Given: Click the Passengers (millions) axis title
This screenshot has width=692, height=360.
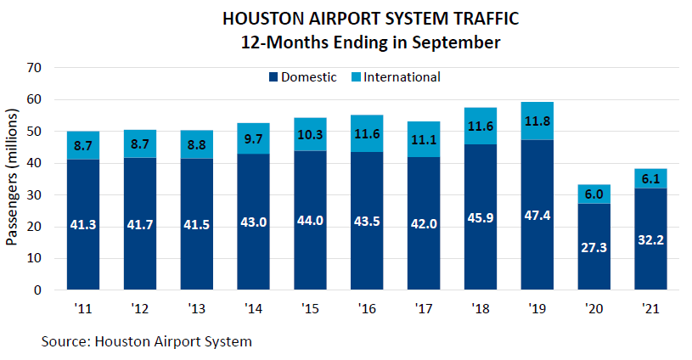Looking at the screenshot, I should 12,177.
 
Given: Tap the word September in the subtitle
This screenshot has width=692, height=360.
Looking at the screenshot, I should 460,41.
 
